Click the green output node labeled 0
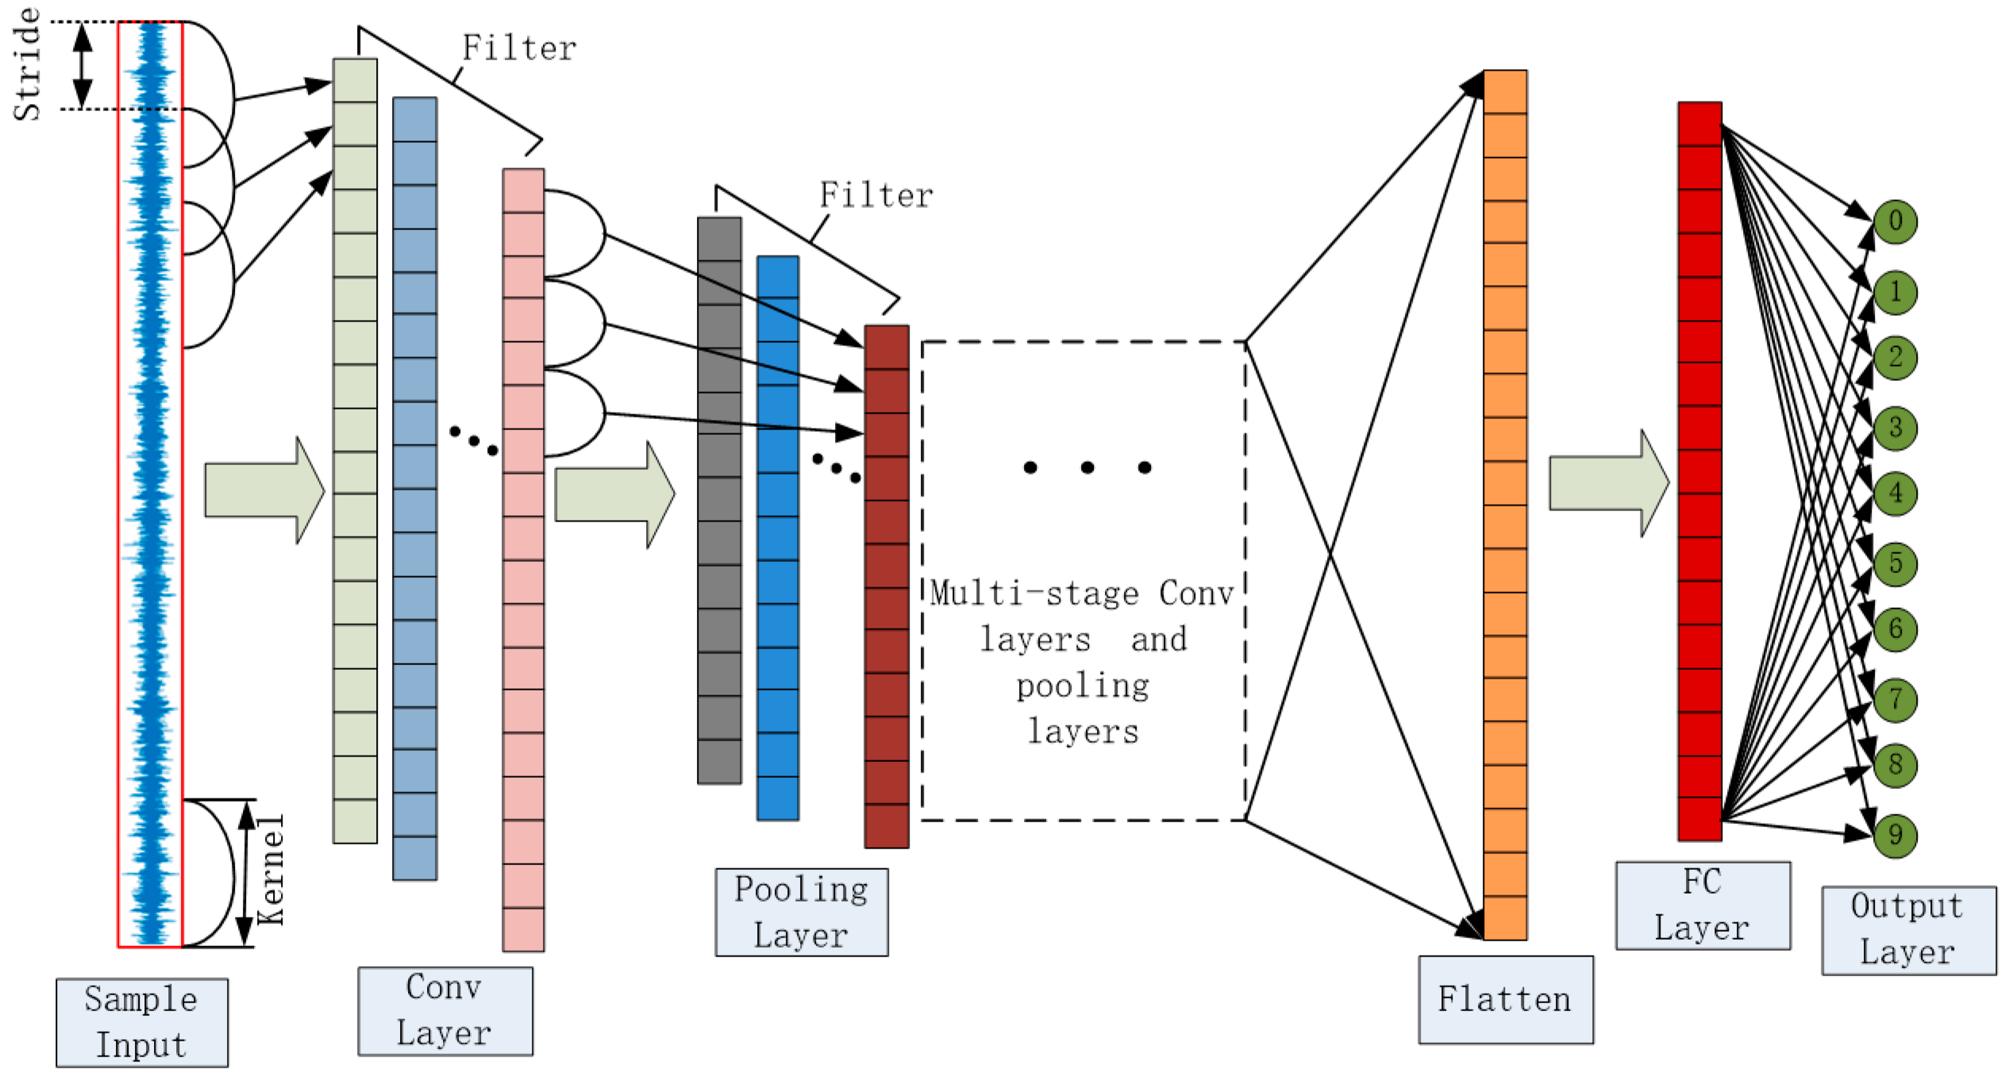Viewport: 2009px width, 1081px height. pyautogui.click(x=1895, y=221)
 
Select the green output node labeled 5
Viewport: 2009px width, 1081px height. pyautogui.click(x=1895, y=564)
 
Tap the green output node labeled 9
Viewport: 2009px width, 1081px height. pyautogui.click(x=1895, y=835)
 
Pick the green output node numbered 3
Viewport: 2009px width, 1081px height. pyautogui.click(x=1895, y=428)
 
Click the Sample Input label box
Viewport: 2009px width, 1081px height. pyautogui.click(x=142, y=1022)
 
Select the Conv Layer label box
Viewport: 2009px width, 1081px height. pyautogui.click(x=445, y=1011)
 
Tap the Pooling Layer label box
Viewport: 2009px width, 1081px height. pyautogui.click(x=802, y=912)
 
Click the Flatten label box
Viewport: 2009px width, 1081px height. pyautogui.click(x=1506, y=999)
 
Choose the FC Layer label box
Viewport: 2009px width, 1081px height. pyautogui.click(x=1703, y=906)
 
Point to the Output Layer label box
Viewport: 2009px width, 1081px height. pyautogui.click(x=1909, y=930)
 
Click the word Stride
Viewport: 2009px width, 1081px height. pyautogui.click(x=27, y=64)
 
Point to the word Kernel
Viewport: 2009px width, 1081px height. pyautogui.click(x=270, y=869)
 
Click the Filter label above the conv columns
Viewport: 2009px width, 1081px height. pyautogui.click(x=519, y=48)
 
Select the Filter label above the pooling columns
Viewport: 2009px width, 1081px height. pyautogui.click(x=876, y=195)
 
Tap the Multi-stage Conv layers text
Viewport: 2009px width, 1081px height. pyautogui.click(x=1083, y=662)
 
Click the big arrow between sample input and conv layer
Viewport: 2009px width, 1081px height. pyautogui.click(x=264, y=490)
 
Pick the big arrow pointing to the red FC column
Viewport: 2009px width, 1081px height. pyautogui.click(x=1609, y=483)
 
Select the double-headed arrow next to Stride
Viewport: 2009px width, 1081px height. pyautogui.click(x=83, y=65)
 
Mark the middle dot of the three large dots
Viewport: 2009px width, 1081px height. pyautogui.click(x=1087, y=467)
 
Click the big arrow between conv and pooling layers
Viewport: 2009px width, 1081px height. pyautogui.click(x=614, y=494)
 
